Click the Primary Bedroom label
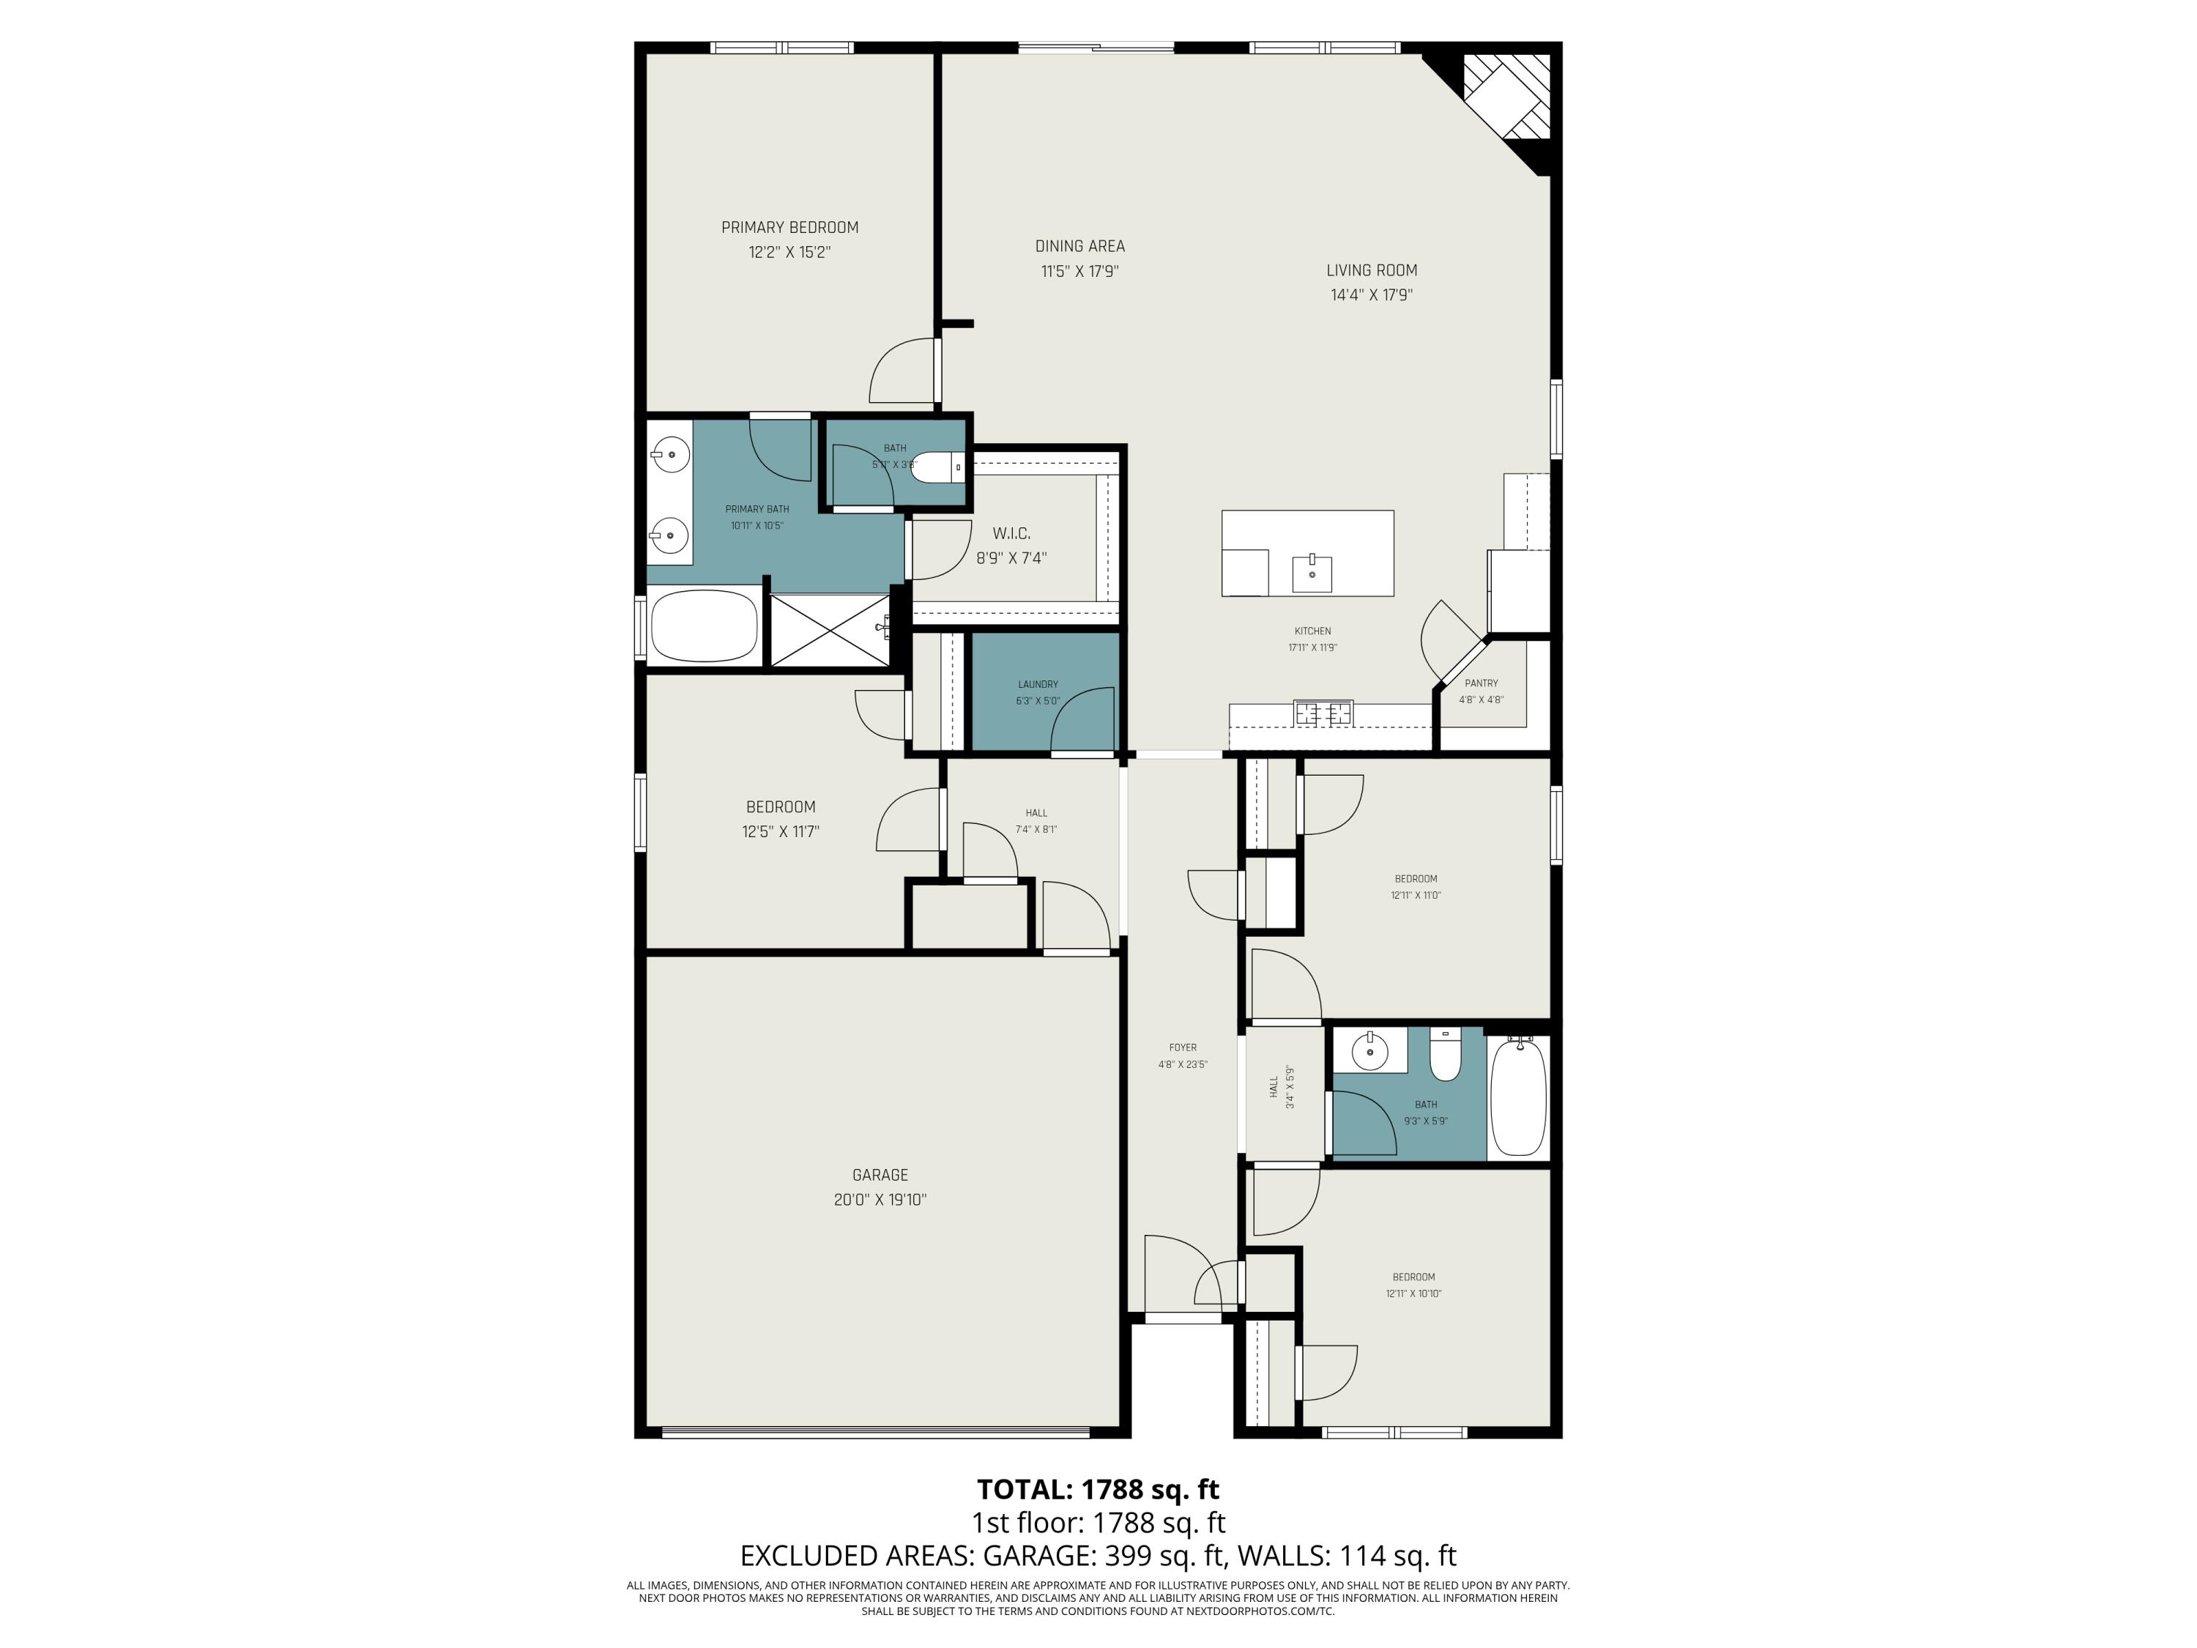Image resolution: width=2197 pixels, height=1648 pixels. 789,228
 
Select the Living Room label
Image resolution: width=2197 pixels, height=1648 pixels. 1372,270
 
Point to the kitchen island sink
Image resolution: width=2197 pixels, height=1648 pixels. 1312,574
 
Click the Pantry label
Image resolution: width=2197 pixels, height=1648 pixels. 1481,683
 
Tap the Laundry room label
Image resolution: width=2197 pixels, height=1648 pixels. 1038,684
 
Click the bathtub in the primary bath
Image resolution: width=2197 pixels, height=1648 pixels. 705,626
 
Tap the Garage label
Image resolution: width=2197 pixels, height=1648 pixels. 880,1175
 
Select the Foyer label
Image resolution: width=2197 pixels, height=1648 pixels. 1182,1047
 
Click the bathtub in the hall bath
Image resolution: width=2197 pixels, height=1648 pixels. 1517,1096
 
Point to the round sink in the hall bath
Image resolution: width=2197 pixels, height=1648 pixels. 1369,1051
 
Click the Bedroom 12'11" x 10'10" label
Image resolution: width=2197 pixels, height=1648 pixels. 1413,1277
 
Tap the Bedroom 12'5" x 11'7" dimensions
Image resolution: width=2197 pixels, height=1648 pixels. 781,831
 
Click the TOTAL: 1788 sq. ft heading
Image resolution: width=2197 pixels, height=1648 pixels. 1098,1489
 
